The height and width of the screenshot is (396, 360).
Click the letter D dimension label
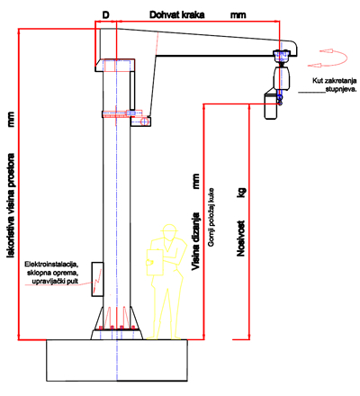click(106, 15)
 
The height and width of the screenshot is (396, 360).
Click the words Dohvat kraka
click(177, 15)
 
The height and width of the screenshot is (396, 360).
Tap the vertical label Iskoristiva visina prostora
click(11, 205)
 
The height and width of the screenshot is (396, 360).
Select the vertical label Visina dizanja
click(195, 241)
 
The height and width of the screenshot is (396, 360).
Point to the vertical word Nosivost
click(241, 238)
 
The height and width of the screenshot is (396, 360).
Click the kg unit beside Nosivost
click(241, 193)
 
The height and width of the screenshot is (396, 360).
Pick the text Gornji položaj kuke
click(211, 218)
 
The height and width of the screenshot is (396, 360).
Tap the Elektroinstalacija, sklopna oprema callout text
click(51, 273)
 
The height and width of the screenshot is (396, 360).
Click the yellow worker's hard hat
click(170, 229)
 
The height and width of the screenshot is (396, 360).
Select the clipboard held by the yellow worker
click(155, 262)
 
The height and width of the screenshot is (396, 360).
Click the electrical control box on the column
click(97, 279)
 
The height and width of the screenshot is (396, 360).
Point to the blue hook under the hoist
click(280, 100)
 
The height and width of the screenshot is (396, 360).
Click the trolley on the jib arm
click(282, 56)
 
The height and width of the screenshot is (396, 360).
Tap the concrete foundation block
click(117, 360)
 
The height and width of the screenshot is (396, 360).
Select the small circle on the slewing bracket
click(145, 121)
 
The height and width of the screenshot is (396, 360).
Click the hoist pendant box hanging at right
click(271, 106)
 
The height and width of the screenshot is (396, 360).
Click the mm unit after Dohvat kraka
click(238, 15)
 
